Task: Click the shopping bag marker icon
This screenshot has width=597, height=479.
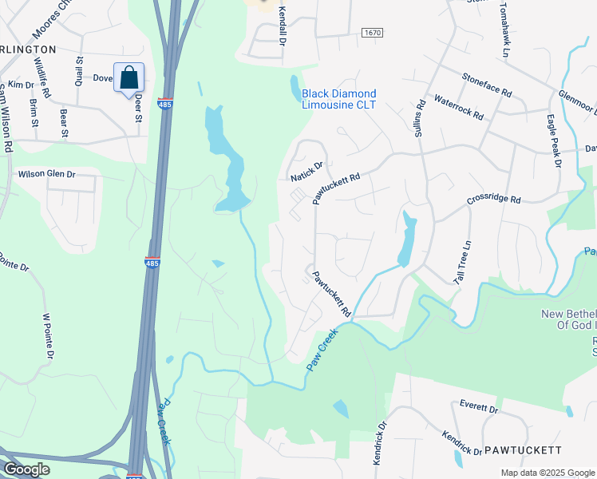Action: click(x=128, y=78)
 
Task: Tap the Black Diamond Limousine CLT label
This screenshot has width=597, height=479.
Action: click(x=338, y=99)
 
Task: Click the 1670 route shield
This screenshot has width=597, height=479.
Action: click(x=372, y=33)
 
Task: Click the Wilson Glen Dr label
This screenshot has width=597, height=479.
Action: click(x=46, y=173)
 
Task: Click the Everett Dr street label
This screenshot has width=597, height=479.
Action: click(x=479, y=409)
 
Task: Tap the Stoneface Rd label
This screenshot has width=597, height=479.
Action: click(x=486, y=84)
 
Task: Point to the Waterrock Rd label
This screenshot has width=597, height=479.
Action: click(x=458, y=108)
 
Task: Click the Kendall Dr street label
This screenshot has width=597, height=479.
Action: click(x=282, y=26)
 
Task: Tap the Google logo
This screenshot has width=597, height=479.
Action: click(x=26, y=469)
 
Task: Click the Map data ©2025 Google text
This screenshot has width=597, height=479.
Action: click(x=547, y=473)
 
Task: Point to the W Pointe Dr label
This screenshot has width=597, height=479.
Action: click(x=48, y=336)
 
